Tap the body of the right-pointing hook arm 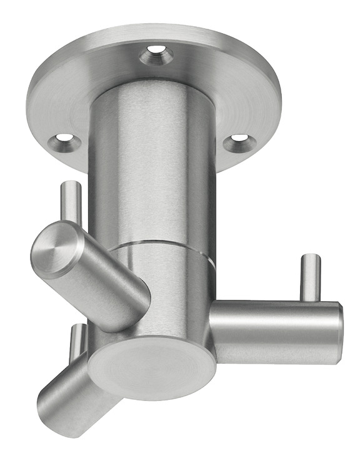[x=275, y=331]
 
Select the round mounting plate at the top [x=206, y=69]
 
